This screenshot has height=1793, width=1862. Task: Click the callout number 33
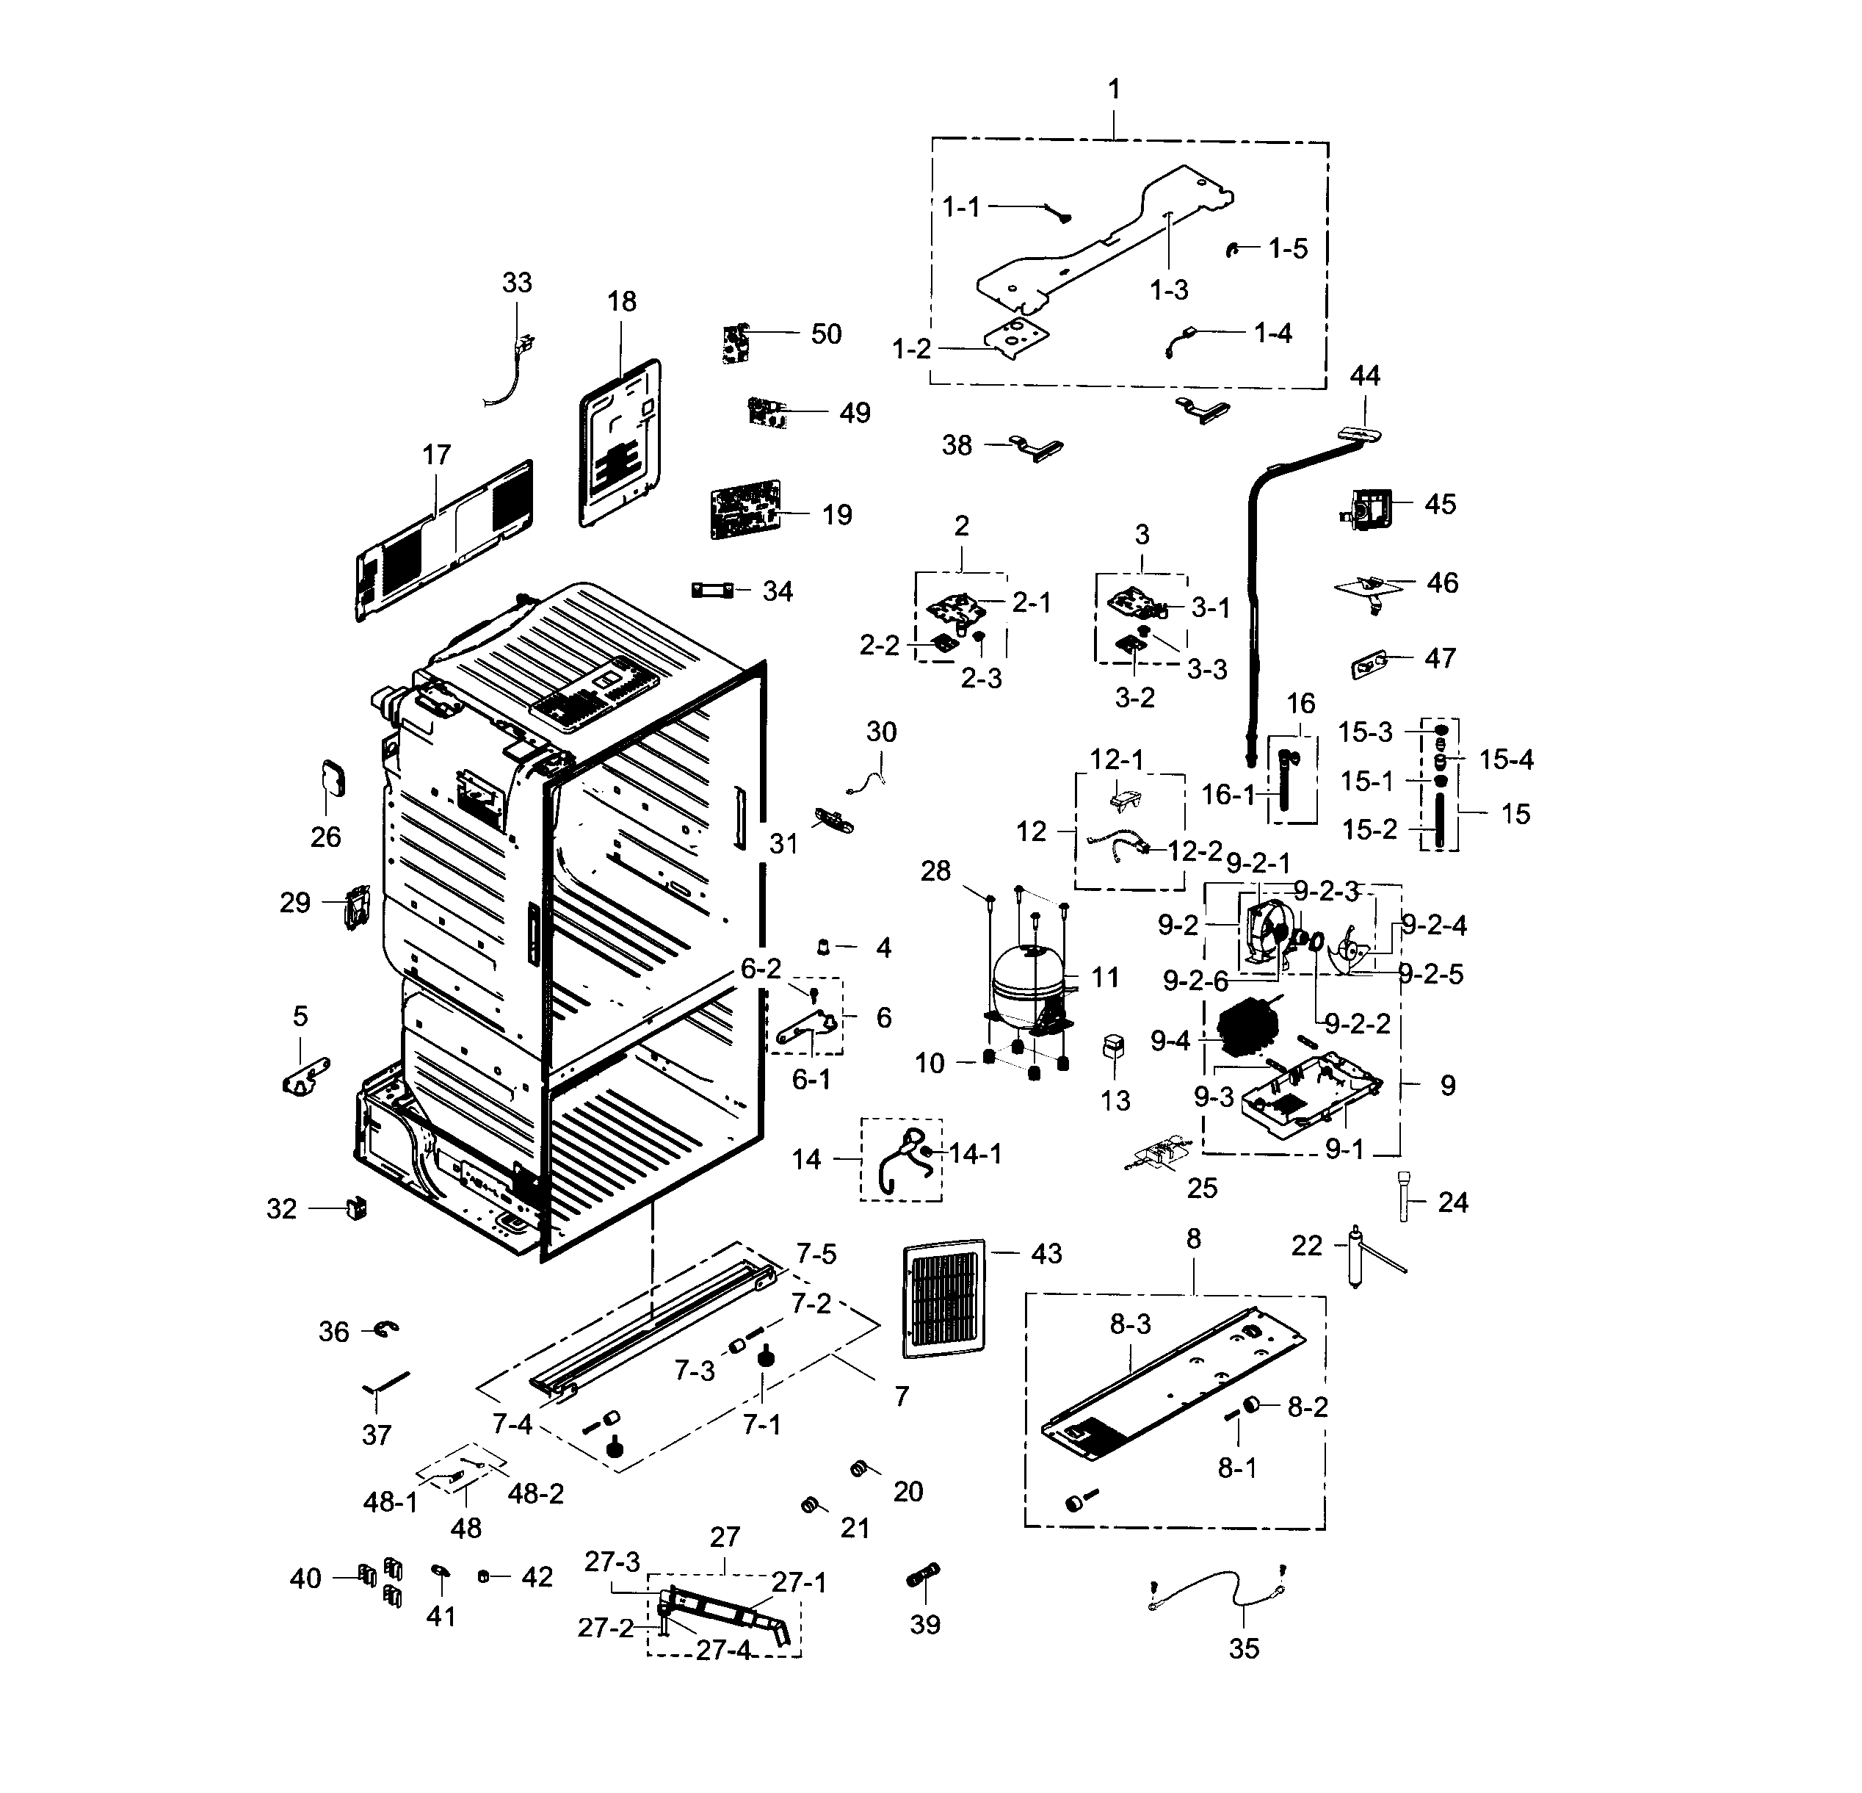coord(517,282)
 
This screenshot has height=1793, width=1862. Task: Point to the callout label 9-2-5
coord(1432,975)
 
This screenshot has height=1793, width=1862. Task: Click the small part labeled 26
coord(332,778)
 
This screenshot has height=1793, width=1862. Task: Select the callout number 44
coord(1364,375)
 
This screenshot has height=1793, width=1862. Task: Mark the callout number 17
coord(436,455)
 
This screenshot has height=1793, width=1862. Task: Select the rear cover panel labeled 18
coord(620,444)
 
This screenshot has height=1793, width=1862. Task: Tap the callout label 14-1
coord(976,1153)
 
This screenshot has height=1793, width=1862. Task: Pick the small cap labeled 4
coord(825,946)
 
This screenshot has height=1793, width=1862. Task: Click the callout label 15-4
coord(1506,760)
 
